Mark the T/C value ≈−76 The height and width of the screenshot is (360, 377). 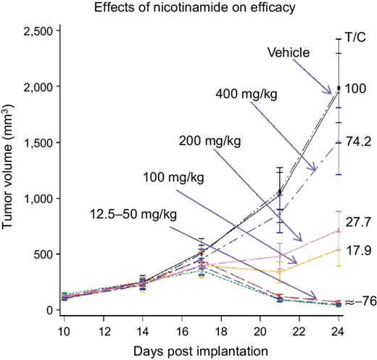[358, 302]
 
